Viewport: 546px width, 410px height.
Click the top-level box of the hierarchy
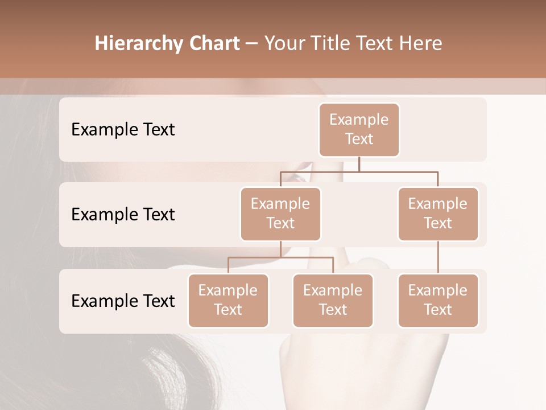coord(359,129)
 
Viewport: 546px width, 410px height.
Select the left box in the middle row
coord(280,214)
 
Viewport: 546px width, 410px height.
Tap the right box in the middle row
coord(438,214)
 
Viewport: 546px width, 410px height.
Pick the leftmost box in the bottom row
coord(228,300)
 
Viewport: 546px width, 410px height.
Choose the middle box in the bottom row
coord(333,300)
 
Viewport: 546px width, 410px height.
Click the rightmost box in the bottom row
coord(438,300)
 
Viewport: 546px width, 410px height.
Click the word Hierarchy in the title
coord(137,44)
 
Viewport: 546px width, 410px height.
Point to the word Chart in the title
coord(213,44)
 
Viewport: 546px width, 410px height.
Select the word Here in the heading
coord(421,44)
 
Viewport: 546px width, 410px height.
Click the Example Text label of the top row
coord(123,130)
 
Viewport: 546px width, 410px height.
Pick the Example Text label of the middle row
coord(123,215)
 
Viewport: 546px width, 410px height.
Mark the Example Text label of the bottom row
coord(123,301)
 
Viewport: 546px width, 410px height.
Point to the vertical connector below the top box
coord(359,164)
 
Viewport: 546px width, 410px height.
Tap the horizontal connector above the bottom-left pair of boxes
coord(280,257)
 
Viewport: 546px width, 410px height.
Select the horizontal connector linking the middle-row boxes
coord(359,171)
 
